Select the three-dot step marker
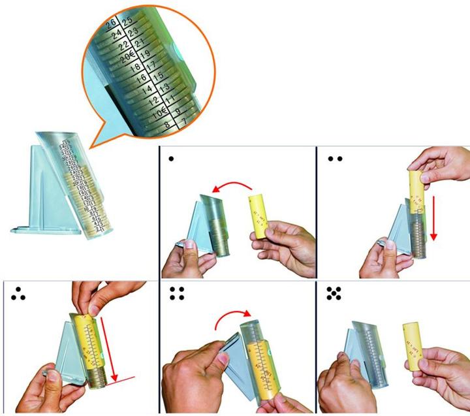click(18, 295)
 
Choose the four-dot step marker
click(176, 295)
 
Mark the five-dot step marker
click(334, 295)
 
